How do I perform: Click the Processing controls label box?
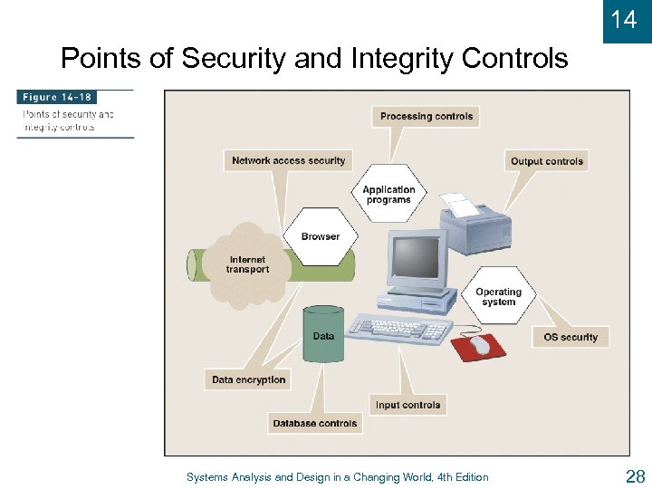(x=426, y=116)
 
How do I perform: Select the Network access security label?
(x=288, y=160)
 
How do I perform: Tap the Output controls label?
(x=547, y=161)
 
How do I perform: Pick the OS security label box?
(x=570, y=337)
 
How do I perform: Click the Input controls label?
(x=407, y=405)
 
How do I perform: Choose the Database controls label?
(x=315, y=423)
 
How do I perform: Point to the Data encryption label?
(x=248, y=379)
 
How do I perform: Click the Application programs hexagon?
(x=388, y=195)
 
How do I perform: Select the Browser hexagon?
(x=321, y=236)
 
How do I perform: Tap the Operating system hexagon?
(x=498, y=297)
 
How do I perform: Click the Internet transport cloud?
(x=247, y=264)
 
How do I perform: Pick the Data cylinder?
(x=323, y=335)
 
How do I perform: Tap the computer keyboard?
(x=399, y=330)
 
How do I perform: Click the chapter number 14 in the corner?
(x=624, y=20)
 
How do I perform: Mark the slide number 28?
(x=634, y=476)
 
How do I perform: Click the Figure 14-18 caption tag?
(x=58, y=97)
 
